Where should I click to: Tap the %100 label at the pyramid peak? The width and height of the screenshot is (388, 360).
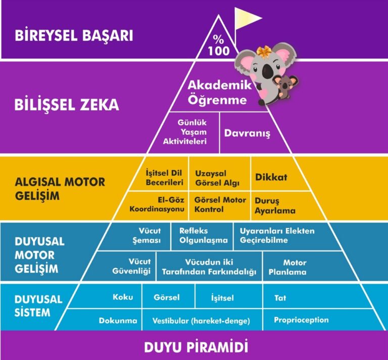[219, 45]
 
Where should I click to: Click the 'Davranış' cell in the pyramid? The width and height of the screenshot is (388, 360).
[247, 133]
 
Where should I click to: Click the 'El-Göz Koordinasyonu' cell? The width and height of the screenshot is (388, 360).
[157, 204]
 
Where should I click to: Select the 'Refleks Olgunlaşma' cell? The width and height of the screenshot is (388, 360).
[204, 235]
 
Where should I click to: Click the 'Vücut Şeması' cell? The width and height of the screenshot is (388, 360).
[147, 235]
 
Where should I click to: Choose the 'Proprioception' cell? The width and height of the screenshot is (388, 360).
[301, 320]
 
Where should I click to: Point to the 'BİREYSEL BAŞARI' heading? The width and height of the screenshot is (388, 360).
[74, 35]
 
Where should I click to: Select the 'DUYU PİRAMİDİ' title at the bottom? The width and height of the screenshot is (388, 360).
[196, 347]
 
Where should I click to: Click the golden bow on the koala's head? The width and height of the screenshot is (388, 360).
[263, 52]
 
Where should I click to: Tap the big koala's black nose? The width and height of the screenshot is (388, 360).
[267, 70]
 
